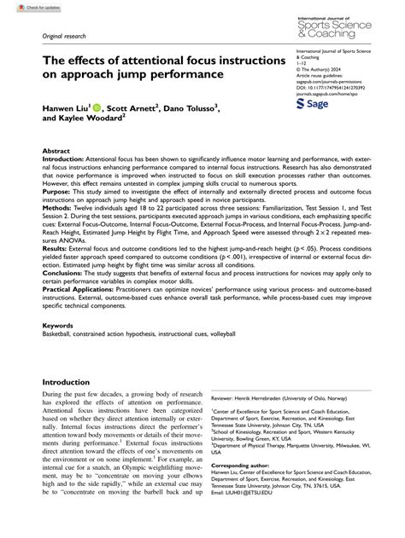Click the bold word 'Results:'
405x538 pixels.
click(57, 246)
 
